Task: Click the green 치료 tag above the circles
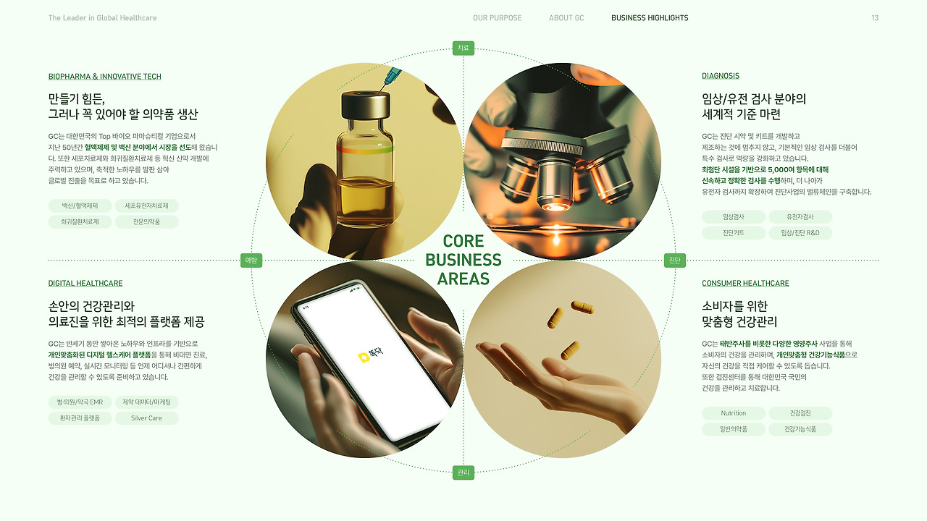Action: [463, 48]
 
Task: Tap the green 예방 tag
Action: [251, 260]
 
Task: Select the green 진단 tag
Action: [674, 260]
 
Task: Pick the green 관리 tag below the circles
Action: [463, 473]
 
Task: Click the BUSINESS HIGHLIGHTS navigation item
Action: [650, 18]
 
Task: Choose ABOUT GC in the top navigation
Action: [566, 18]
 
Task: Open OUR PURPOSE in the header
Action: [497, 18]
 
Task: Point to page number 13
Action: [875, 18]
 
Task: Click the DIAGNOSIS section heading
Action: [721, 76]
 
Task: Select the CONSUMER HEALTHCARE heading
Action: [745, 283]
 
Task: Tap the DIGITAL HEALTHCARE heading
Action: [85, 283]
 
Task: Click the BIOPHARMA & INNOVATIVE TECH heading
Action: [105, 77]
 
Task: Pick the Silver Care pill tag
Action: [146, 418]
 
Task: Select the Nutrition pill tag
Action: [734, 413]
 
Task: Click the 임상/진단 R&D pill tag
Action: [800, 233]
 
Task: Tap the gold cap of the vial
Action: [366, 105]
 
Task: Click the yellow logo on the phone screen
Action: [364, 357]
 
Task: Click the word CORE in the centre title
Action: [463, 241]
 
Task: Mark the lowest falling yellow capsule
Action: [570, 351]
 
